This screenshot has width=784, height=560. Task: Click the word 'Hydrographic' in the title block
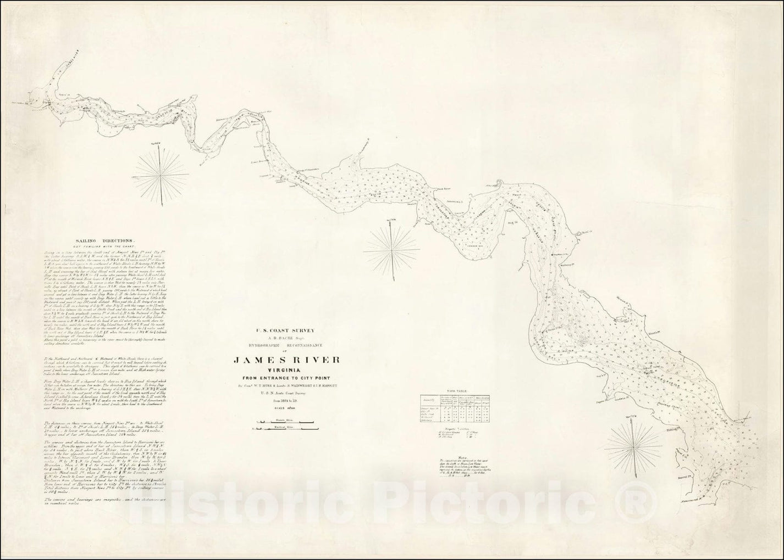pos(270,345)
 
